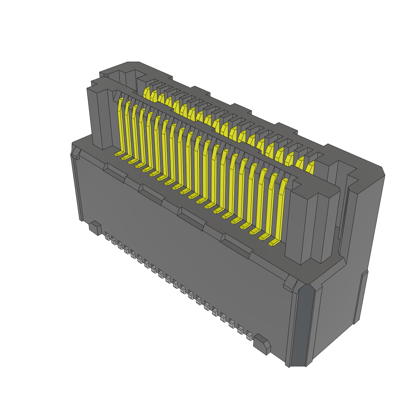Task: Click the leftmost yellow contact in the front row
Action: click(x=120, y=125)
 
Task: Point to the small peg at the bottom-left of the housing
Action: click(x=95, y=228)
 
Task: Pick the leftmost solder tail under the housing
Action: click(x=107, y=236)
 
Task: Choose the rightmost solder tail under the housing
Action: click(x=249, y=336)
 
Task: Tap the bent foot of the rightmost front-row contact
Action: click(x=274, y=243)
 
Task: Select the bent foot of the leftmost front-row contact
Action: click(x=119, y=154)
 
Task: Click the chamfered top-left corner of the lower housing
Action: click(x=75, y=152)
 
